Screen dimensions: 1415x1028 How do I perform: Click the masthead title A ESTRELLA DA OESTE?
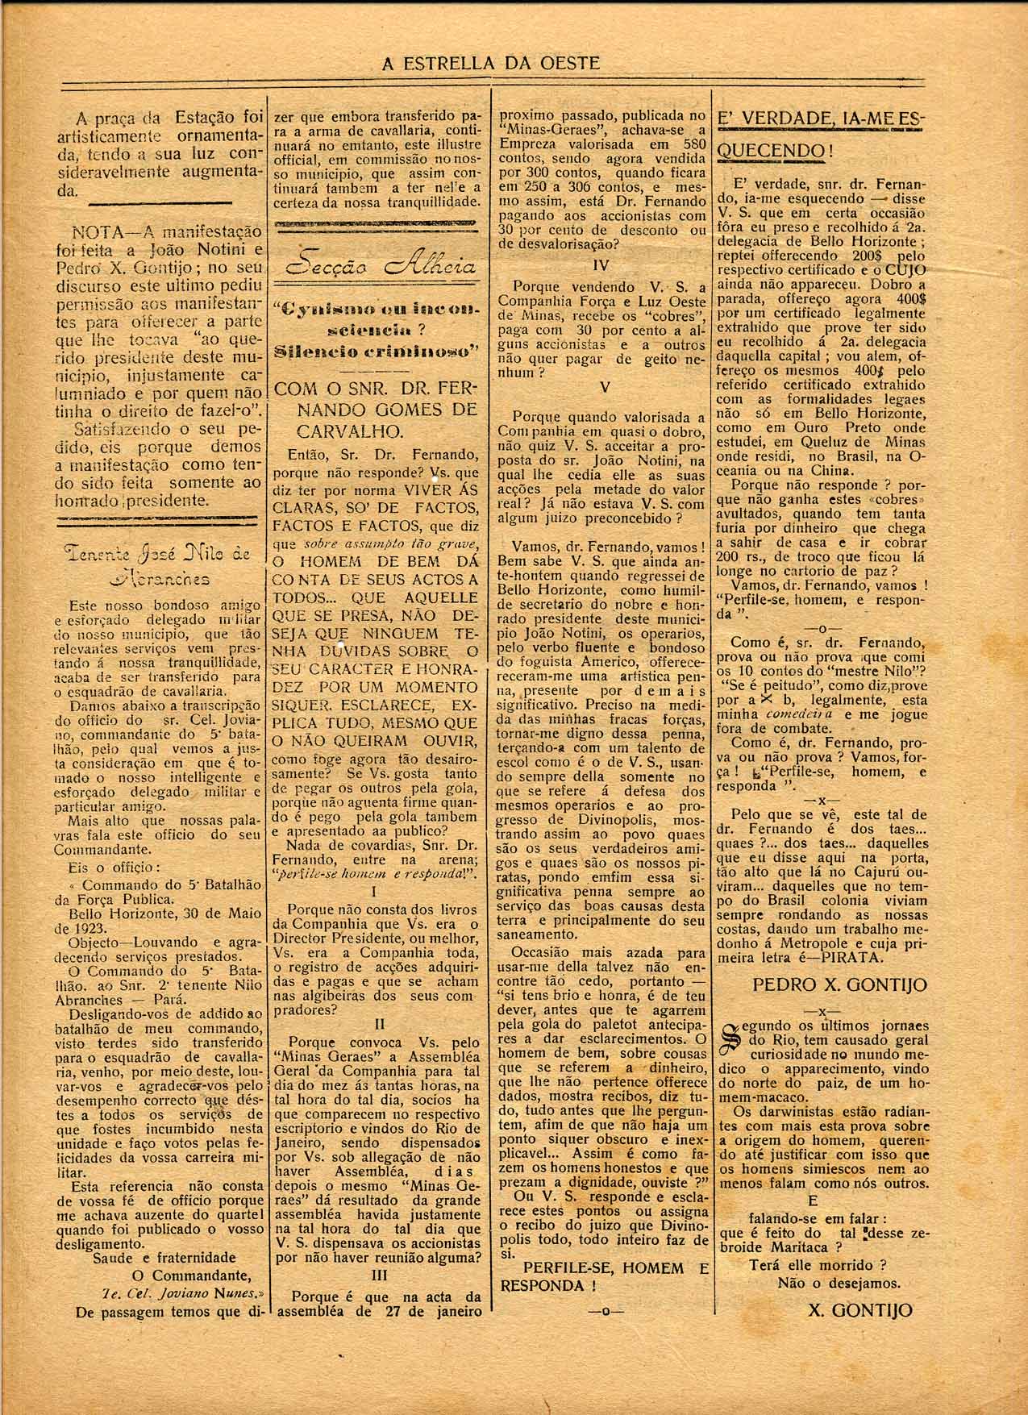(x=490, y=64)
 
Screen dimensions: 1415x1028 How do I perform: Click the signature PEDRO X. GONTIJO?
(x=839, y=984)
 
